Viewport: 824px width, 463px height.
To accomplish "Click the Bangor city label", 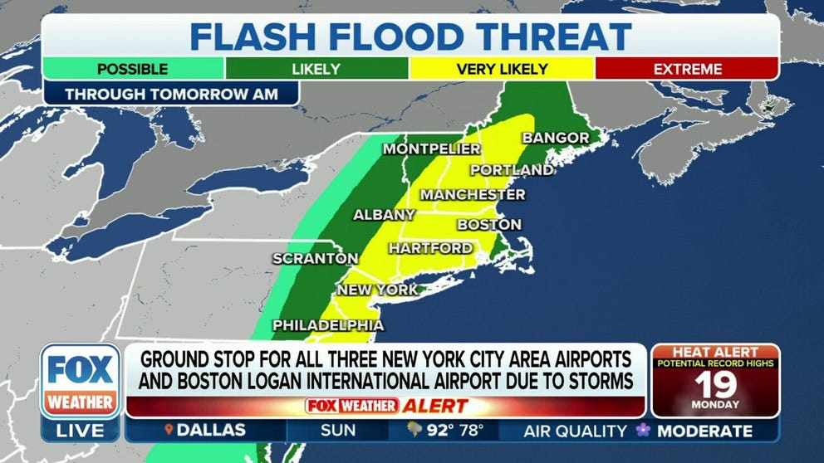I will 555,138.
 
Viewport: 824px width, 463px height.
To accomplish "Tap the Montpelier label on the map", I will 431,149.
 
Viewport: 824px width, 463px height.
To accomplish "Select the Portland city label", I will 512,170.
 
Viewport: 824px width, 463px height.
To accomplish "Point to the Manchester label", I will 473,194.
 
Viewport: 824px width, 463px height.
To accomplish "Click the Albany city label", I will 384,215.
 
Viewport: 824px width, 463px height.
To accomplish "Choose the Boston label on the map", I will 489,225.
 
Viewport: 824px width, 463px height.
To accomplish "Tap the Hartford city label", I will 430,248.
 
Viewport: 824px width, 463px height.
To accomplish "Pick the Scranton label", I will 316,259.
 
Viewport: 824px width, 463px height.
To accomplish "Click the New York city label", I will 377,290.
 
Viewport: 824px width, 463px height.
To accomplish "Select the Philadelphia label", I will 328,325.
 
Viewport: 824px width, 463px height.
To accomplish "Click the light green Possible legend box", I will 133,69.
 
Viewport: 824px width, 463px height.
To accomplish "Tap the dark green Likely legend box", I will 316,69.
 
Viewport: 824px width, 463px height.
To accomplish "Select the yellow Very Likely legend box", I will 501,69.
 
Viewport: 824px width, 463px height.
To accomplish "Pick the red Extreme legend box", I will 687,69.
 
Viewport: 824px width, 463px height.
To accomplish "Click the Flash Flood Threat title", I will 410,37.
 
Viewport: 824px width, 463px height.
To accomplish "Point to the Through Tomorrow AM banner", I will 171,93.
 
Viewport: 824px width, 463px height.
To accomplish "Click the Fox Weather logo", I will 80,382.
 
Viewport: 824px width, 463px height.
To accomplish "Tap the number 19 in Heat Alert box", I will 715,384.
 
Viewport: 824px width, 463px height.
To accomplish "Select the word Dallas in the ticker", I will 210,431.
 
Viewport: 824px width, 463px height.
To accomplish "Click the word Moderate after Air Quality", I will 704,431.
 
